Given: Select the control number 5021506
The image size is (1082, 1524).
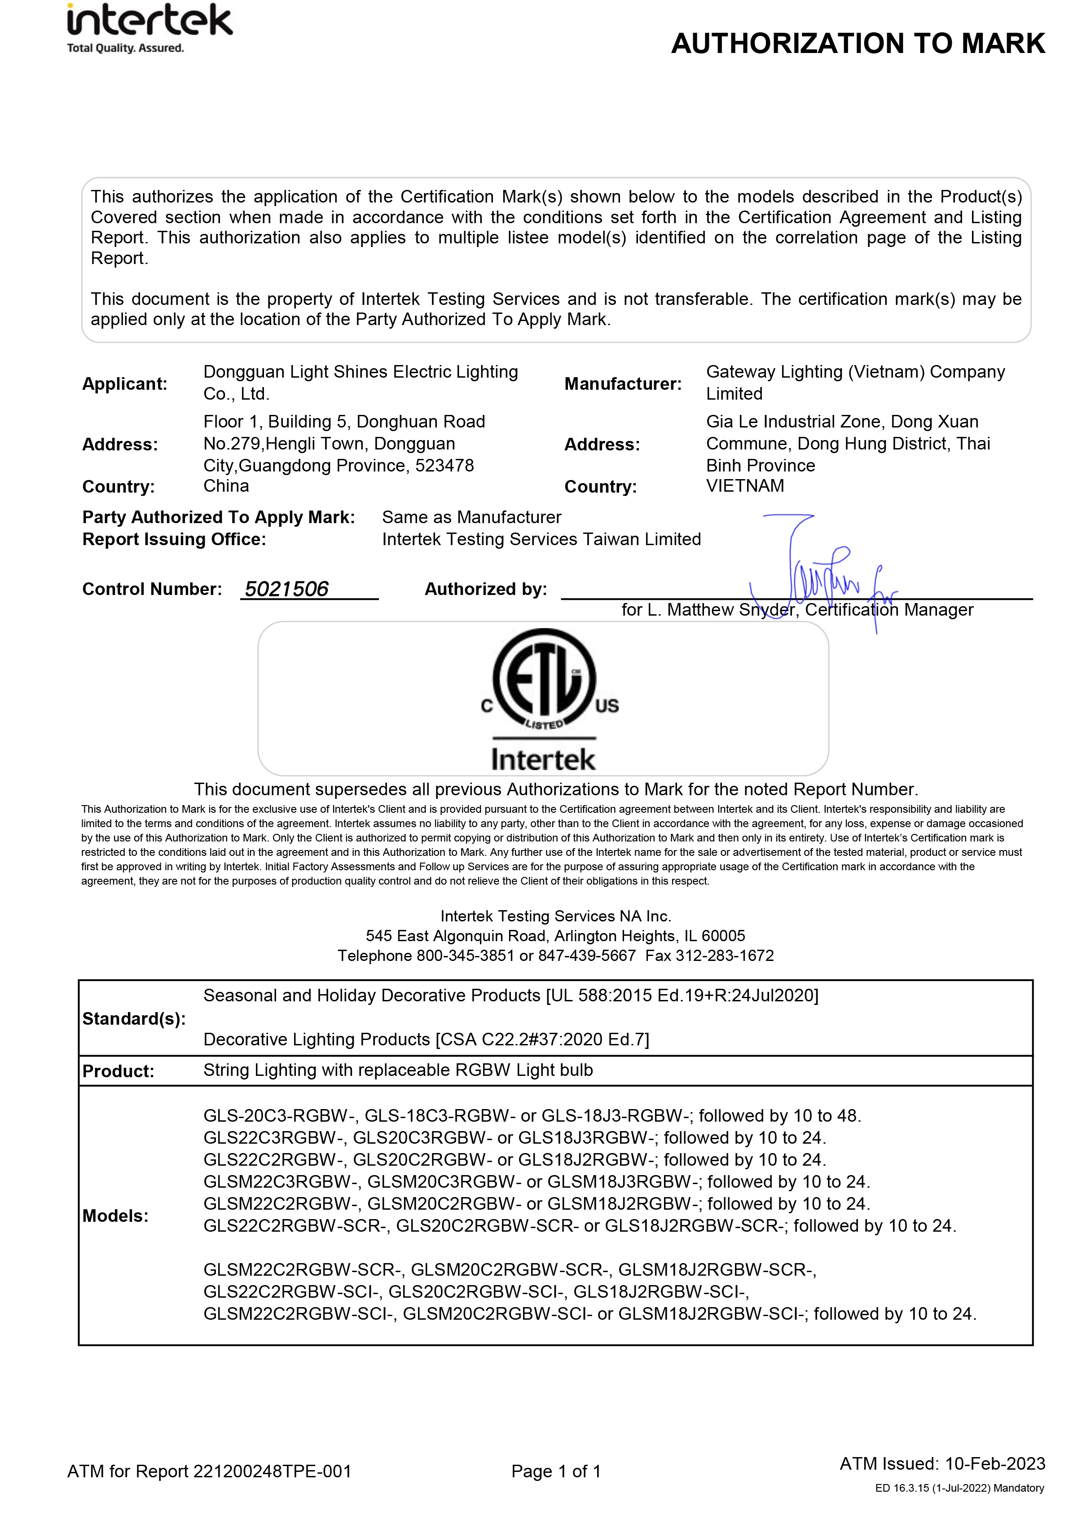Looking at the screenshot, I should point(286,589).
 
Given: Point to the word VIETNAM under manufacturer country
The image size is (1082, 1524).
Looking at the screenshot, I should point(745,486).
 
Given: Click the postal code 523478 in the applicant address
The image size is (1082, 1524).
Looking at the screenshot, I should point(444,465).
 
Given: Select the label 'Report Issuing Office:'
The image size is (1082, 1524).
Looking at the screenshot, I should point(174,539).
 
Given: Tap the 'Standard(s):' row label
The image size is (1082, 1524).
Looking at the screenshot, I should point(134,1019).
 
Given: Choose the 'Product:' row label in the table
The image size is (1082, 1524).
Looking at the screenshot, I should point(118,1071).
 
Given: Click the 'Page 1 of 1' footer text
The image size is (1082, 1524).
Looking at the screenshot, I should point(556,1471).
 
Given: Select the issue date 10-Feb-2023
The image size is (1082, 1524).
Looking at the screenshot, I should point(995,1463).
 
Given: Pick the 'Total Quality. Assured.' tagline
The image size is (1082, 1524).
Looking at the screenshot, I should point(125,48).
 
